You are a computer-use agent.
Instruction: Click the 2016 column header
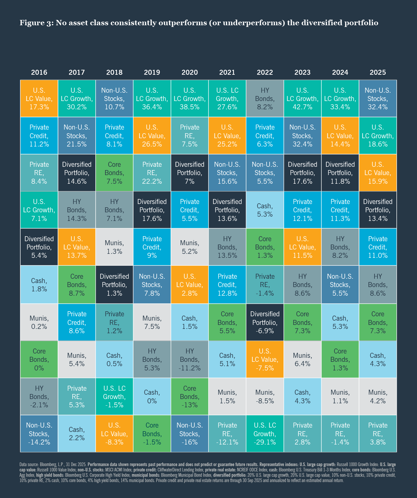coord(39,72)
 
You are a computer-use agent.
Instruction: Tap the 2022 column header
coord(265,72)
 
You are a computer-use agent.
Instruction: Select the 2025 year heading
coord(378,72)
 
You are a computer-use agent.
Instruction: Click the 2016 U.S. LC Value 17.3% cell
coord(39,99)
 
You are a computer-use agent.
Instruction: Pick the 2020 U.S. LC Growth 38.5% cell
coord(190,99)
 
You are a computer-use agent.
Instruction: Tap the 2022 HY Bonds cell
coord(265,99)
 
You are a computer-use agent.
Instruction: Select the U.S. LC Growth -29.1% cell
coord(265,434)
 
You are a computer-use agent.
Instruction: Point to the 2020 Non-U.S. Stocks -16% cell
coord(190,434)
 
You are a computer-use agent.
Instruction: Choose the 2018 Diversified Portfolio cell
coord(114,285)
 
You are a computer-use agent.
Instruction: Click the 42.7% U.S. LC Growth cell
coord(302,99)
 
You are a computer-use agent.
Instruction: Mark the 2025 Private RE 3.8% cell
coord(378,434)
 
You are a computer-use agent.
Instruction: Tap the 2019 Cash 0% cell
coord(152,396)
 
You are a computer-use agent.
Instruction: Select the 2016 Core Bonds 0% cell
coord(39,359)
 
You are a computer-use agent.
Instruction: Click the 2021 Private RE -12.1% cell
coord(227,434)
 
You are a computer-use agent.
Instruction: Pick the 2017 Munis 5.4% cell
coord(77,359)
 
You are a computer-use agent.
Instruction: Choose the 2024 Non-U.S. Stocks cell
coord(340,285)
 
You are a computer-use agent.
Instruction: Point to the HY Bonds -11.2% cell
coord(190,359)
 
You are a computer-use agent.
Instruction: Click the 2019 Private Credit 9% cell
coord(152,247)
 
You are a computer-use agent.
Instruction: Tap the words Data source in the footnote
coord(29,464)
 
